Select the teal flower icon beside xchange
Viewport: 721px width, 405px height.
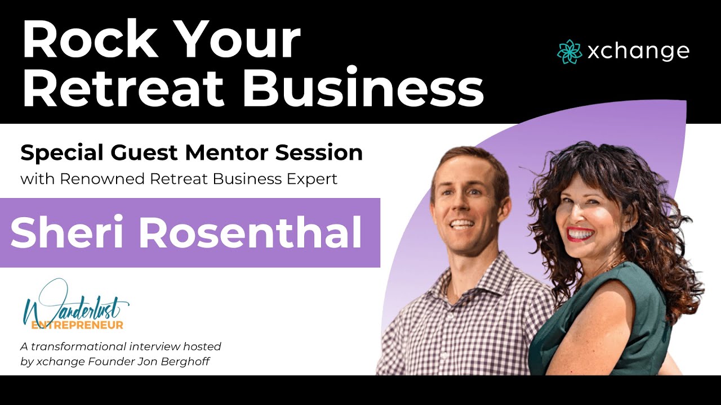coord(569,51)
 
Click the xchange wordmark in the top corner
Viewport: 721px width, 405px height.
coord(638,51)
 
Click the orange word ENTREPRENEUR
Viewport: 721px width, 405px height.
coord(77,325)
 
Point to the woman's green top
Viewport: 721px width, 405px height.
coord(597,326)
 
